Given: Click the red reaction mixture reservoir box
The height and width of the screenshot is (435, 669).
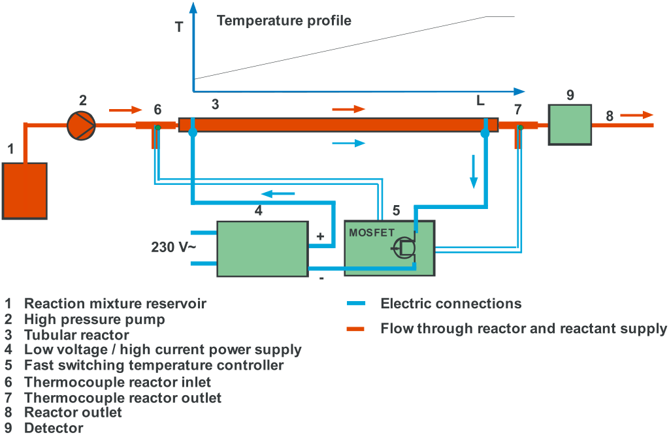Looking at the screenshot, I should [x=25, y=190].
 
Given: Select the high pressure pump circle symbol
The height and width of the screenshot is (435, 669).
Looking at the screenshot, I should [x=82, y=124].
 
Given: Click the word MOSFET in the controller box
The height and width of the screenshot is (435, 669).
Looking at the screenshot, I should [x=372, y=231].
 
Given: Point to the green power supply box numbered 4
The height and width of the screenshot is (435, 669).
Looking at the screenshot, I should [x=263, y=248].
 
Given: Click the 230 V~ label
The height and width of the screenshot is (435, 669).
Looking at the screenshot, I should [x=173, y=248].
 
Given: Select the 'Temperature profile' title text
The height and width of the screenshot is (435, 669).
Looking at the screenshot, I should [x=284, y=21].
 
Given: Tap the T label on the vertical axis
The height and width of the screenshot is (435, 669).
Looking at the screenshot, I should [x=179, y=27].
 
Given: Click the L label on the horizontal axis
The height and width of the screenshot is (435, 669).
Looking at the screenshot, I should [x=480, y=101].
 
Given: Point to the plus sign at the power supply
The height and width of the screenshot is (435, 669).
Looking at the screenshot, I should [x=320, y=236].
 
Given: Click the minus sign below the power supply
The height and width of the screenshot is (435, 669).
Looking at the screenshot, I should [x=321, y=278].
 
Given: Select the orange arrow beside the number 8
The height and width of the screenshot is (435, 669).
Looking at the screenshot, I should [x=636, y=115].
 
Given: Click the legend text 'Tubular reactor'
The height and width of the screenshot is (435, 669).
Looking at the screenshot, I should [x=76, y=335].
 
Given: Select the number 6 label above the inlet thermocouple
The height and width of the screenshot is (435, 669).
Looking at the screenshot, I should [x=157, y=109].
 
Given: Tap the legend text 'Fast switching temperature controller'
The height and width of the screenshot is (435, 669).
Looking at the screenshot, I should [x=154, y=365].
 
